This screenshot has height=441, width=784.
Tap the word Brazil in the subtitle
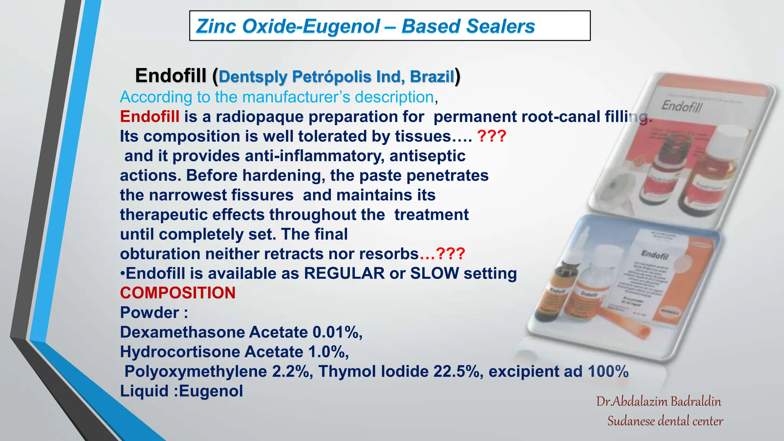(432, 77)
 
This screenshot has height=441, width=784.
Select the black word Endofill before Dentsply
(171, 75)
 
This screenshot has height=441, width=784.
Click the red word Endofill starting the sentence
(150, 117)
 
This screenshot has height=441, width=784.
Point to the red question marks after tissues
(492, 136)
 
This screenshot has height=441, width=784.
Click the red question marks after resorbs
(450, 254)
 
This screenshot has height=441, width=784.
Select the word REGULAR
(344, 273)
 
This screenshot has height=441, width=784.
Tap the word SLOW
(434, 273)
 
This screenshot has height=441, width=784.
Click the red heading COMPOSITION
(178, 293)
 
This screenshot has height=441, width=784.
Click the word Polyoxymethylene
(196, 371)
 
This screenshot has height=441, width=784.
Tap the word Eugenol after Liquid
(211, 391)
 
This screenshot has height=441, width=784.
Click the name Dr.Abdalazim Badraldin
(658, 401)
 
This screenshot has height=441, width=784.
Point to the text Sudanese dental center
(665, 421)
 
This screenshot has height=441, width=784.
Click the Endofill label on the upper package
(682, 106)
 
